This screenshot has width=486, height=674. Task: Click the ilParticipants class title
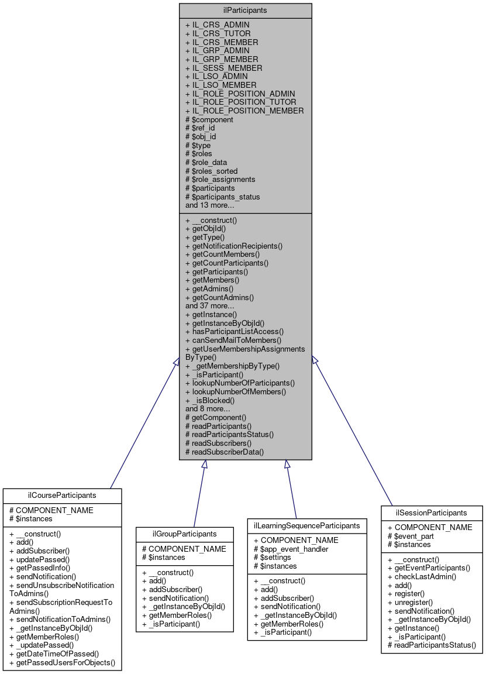click(245, 10)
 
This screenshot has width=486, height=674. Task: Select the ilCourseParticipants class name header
click(61, 495)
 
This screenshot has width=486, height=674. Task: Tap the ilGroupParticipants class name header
click(185, 534)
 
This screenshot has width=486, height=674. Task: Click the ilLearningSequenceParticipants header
click(307, 525)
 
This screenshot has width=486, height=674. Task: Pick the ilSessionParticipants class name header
click(432, 513)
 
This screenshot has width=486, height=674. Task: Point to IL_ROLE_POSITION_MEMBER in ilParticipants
click(244, 111)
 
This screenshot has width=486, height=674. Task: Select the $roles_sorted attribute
click(211, 171)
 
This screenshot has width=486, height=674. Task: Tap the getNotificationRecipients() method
click(233, 246)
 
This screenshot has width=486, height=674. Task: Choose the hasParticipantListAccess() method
click(234, 331)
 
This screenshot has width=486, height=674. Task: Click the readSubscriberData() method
click(224, 452)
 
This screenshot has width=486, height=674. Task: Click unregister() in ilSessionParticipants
click(410, 602)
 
